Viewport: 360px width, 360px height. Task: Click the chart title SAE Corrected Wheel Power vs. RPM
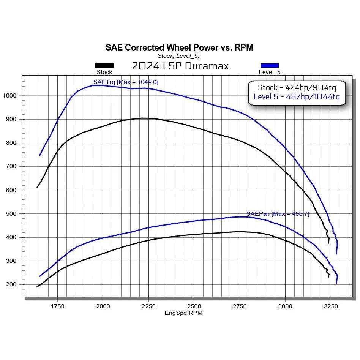click(179, 47)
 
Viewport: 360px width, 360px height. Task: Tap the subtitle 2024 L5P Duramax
click(180, 66)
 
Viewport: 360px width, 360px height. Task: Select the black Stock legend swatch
click(104, 65)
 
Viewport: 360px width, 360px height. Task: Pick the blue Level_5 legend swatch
click(270, 65)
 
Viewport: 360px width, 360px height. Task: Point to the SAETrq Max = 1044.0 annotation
click(126, 82)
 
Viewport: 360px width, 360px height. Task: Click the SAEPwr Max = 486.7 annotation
click(278, 214)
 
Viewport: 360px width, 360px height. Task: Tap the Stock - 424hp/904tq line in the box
click(297, 87)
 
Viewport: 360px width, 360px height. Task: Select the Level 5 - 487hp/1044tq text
click(297, 97)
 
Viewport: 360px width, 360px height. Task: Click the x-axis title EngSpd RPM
click(183, 313)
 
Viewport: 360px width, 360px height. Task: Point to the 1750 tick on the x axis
click(57, 306)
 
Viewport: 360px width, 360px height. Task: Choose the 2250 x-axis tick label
click(148, 306)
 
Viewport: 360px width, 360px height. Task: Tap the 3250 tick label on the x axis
click(331, 306)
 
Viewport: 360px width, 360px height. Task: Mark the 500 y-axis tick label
click(11, 214)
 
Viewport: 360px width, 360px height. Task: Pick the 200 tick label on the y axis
click(11, 284)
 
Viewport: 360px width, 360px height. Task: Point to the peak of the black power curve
click(240, 232)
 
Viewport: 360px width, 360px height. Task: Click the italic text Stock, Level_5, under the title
click(178, 56)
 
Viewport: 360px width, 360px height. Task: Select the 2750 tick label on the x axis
click(240, 306)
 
